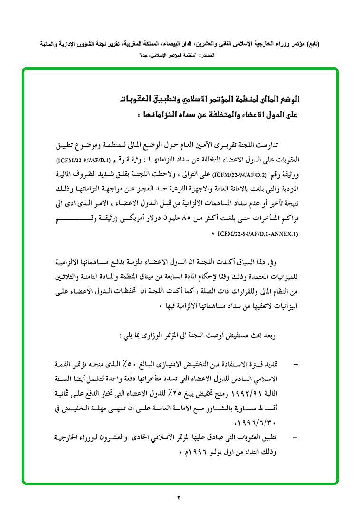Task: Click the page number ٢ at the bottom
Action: click(x=179, y=497)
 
